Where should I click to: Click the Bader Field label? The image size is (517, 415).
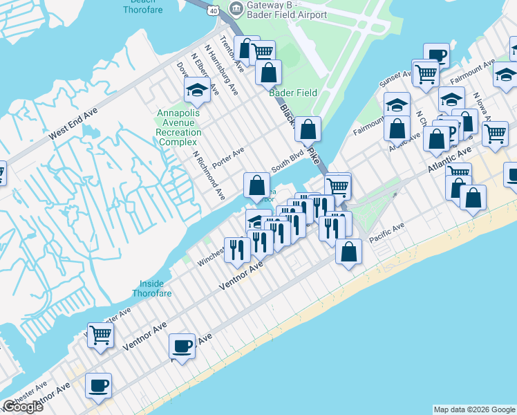[x=293, y=93]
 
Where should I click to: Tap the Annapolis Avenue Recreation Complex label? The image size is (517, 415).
[x=178, y=127]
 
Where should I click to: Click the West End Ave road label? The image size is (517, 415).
[x=73, y=125]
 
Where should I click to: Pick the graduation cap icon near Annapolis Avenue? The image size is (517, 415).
[x=197, y=91]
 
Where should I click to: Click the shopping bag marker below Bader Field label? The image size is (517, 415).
[x=309, y=129]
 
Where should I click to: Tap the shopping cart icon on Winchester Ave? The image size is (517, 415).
[x=101, y=335]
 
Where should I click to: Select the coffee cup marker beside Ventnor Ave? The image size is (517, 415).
[x=182, y=345]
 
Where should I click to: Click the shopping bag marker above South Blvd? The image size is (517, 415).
[x=256, y=185]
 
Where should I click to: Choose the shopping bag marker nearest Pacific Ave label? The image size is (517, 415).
[x=349, y=252]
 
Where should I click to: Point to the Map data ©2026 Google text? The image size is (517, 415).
[x=474, y=409]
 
